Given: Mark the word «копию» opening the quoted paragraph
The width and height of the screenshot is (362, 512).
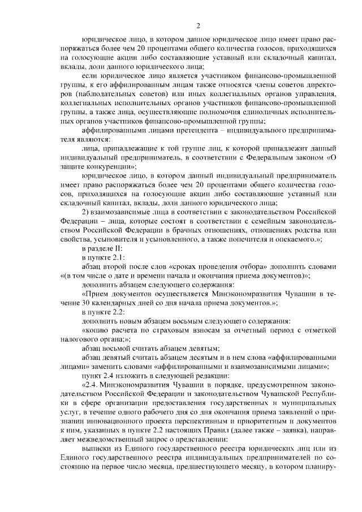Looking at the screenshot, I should (96, 329).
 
